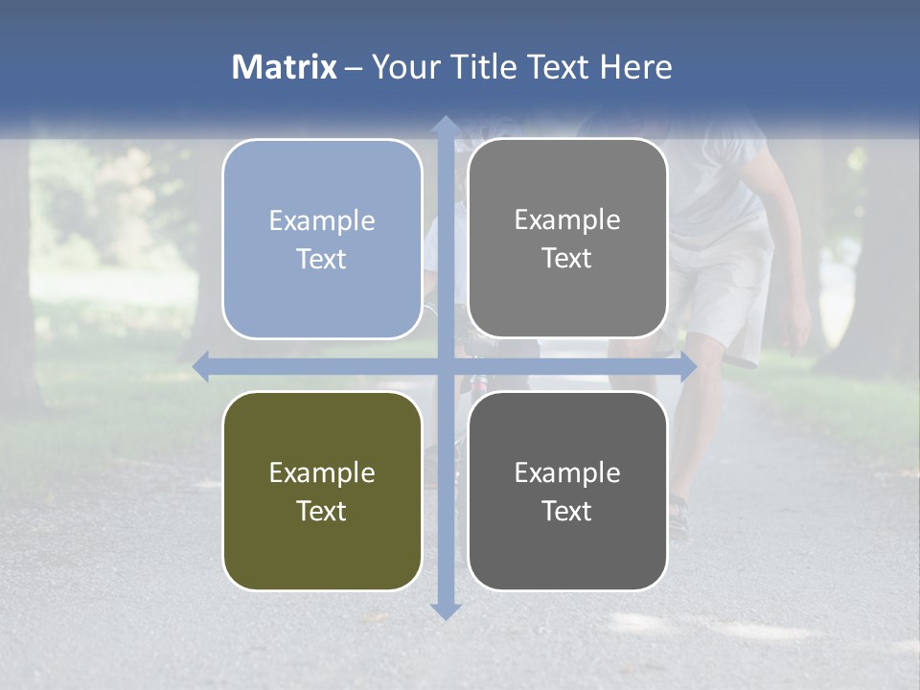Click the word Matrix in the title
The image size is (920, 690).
click(285, 67)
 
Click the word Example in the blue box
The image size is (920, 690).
click(322, 220)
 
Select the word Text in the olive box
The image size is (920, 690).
click(322, 511)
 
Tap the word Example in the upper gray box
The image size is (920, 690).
click(567, 219)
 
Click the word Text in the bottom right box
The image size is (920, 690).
click(567, 511)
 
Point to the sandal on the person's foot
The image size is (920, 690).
click(678, 517)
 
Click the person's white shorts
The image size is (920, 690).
click(724, 287)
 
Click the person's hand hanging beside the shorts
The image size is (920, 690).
click(795, 326)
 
